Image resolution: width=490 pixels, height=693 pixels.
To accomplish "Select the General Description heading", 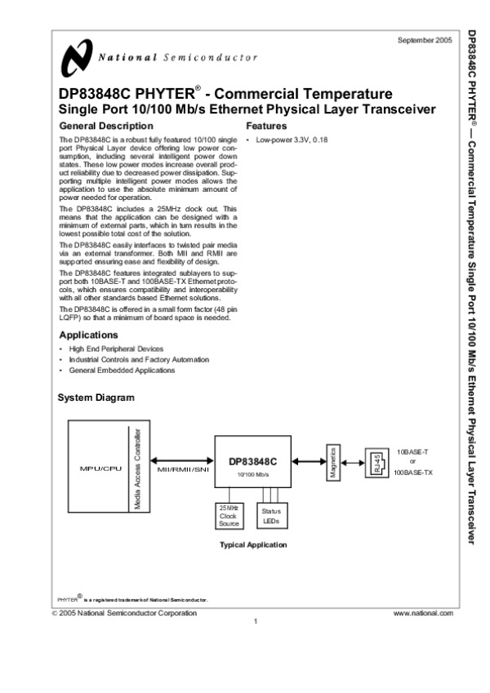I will click(x=106, y=126).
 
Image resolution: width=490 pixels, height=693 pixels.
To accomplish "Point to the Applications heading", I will click(x=89, y=335).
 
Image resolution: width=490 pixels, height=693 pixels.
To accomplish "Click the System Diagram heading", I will click(x=96, y=398).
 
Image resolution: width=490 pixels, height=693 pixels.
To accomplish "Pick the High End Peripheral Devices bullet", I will click(x=116, y=349).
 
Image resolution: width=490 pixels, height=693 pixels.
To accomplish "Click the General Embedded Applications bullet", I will click(x=122, y=370).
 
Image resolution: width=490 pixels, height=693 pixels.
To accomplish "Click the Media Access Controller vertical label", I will click(x=138, y=469).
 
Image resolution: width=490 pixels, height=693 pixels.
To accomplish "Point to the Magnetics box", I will click(x=333, y=463).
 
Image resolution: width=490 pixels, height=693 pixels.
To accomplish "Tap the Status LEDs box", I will click(x=270, y=516).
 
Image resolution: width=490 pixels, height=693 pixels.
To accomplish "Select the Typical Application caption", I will click(x=252, y=544).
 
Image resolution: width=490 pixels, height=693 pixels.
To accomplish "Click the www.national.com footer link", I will click(x=422, y=612).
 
